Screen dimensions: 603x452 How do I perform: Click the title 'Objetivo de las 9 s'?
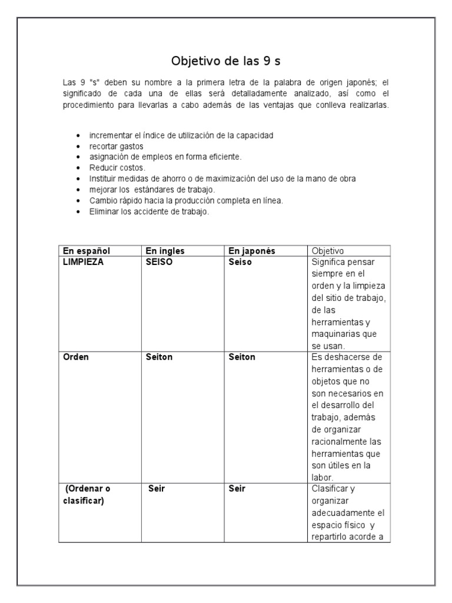226,61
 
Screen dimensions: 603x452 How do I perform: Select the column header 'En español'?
87,251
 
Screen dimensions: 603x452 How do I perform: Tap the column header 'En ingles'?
165,251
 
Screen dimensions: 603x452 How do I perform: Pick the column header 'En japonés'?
251,251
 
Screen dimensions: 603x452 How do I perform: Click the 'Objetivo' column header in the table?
328,251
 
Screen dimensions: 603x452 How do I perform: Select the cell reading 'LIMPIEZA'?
83,262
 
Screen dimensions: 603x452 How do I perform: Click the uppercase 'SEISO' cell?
159,262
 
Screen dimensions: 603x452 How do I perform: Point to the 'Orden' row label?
76,357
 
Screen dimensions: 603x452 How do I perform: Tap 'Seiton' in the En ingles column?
159,357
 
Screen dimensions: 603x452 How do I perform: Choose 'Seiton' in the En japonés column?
242,357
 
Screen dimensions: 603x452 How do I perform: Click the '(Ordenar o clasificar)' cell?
87,494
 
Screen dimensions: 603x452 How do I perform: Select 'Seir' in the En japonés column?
237,489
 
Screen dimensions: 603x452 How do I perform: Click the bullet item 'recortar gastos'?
116,146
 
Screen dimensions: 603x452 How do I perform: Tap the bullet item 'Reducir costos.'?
117,168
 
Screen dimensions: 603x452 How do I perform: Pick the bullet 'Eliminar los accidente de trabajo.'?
149,211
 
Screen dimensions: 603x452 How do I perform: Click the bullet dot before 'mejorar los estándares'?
78,190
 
